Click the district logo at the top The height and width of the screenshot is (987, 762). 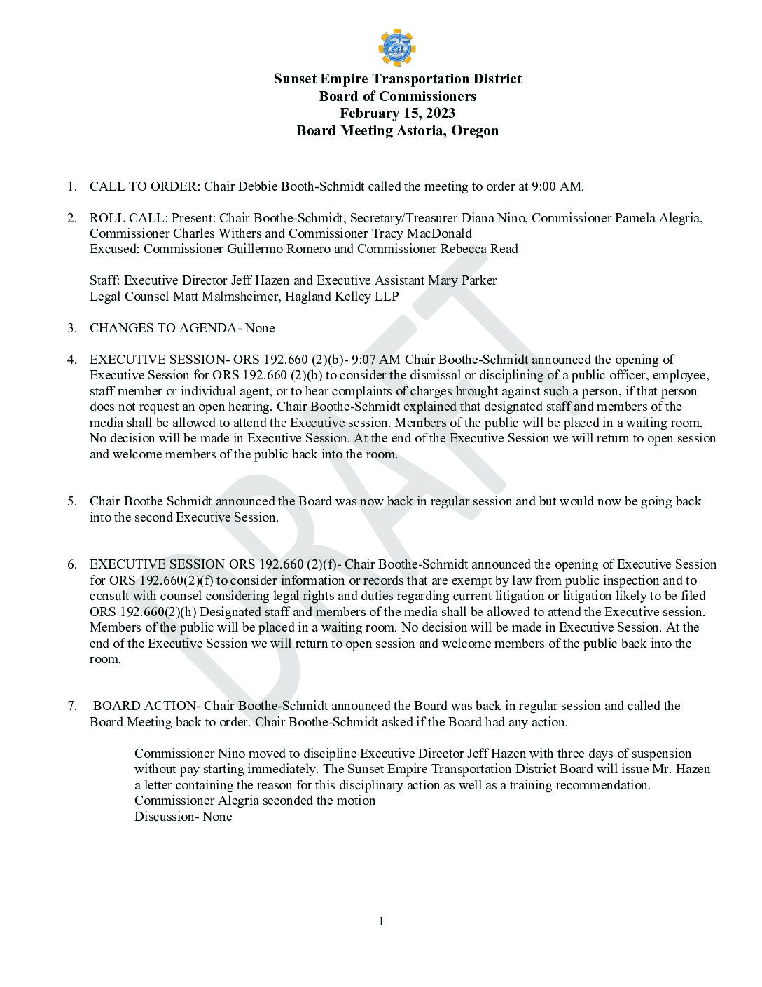click(397, 47)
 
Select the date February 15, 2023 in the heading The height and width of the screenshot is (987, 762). click(397, 114)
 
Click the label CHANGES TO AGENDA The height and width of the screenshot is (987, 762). click(164, 328)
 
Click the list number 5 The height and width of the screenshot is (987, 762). click(71, 501)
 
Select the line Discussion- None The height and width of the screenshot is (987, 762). click(183, 817)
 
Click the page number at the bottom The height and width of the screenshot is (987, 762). click(381, 921)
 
